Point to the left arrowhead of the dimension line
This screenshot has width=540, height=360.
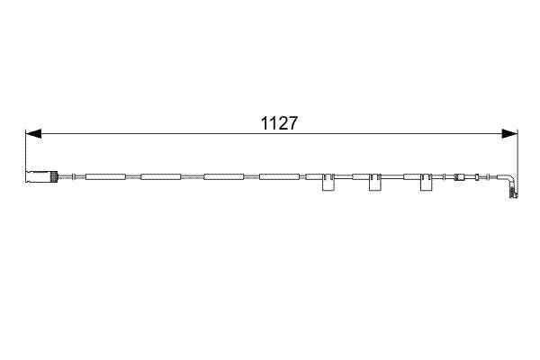pos(32,134)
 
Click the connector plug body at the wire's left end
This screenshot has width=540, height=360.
pos(39,176)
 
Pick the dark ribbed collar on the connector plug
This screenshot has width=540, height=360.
pos(57,176)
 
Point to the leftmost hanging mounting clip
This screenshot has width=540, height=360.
pos(326,184)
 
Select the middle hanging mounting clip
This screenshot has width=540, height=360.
pos(373,184)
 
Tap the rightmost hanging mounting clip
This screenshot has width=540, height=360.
pos(424,184)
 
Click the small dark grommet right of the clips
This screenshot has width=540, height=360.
pos(461,176)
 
